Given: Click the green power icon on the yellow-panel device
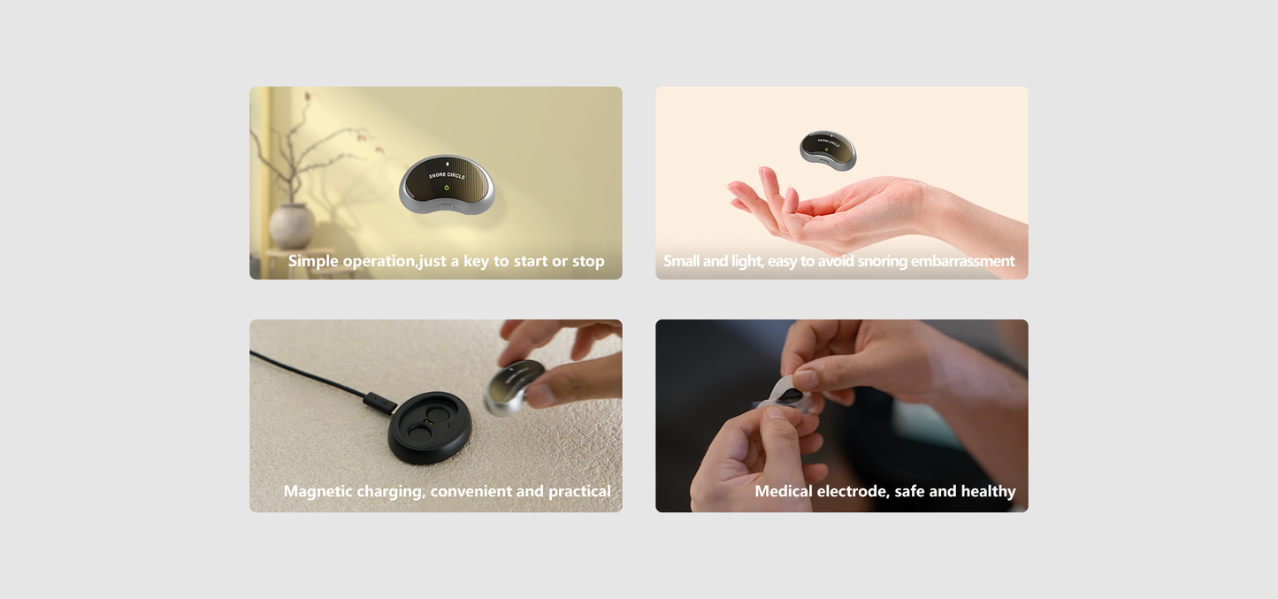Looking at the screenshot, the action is (447, 188).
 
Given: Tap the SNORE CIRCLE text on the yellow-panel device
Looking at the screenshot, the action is (447, 175).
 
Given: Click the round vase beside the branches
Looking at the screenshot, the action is (292, 227).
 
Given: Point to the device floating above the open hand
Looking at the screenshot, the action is (828, 150).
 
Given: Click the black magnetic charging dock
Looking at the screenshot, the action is (430, 427).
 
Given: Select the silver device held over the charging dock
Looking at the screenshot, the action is (514, 386).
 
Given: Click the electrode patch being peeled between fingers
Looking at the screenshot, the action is (785, 395).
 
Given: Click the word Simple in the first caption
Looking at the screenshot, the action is (313, 262).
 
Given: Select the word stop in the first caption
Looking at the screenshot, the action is (588, 262).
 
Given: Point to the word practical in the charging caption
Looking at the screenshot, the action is (579, 492).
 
